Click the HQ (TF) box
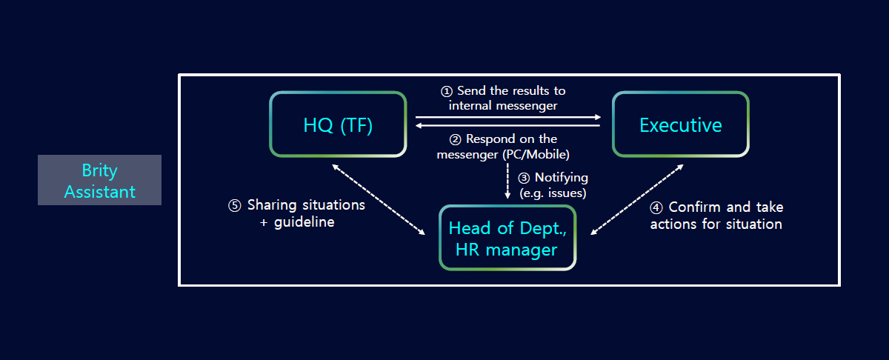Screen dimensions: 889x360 pos(338,124)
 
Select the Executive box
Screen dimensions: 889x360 pos(681,124)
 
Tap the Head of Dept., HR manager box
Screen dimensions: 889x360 pos(507,238)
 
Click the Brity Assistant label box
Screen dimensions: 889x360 pos(99,180)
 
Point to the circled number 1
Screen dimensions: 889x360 pos(447,91)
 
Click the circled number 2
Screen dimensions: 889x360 pos(455,140)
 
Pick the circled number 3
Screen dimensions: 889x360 pos(524,178)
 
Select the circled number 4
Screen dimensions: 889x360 pos(656,207)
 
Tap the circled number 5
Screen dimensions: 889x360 pos(235,206)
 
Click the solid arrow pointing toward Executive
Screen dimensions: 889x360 pos(508,117)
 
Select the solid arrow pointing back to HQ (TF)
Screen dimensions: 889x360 pos(507,125)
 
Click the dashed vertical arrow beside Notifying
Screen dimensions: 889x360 pos(507,181)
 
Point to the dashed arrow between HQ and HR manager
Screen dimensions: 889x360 pos(379,200)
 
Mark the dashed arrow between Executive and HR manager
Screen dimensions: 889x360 pos(637,200)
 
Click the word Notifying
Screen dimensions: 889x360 pos(562,178)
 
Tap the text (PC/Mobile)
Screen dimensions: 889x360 pos(536,154)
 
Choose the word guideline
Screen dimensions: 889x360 pos(304,222)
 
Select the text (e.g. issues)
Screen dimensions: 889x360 pos(553,193)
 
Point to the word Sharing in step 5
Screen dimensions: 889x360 pos(272,206)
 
